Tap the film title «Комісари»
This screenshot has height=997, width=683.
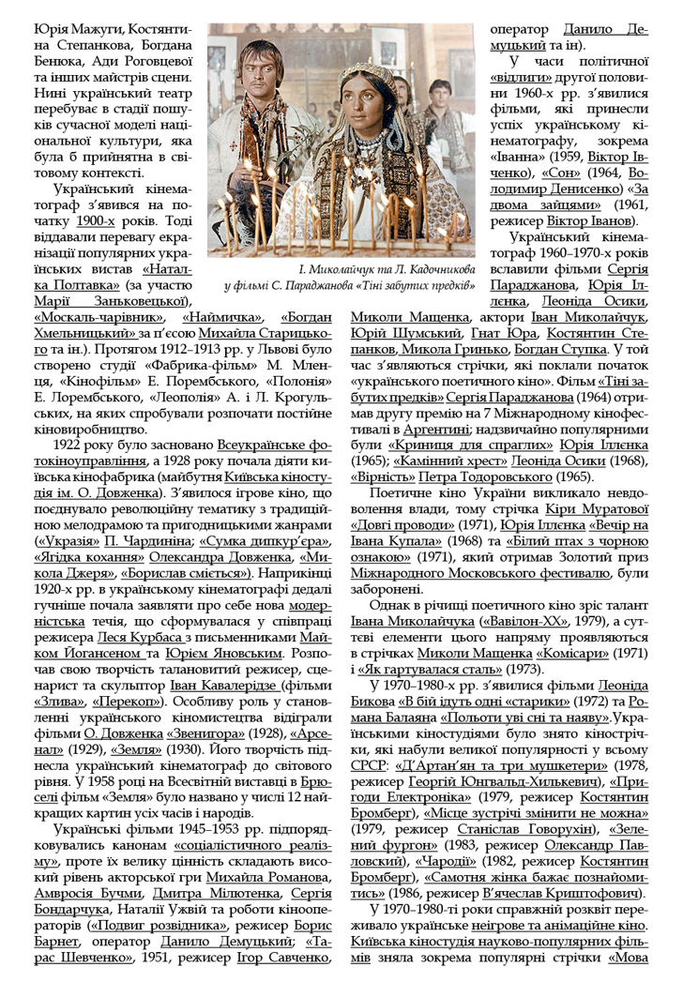click(x=574, y=653)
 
